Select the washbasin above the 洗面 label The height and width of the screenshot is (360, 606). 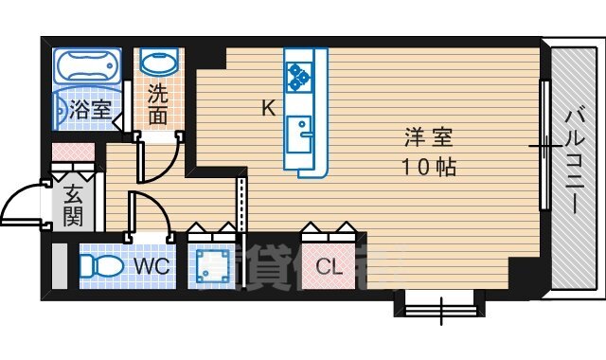tap(157, 63)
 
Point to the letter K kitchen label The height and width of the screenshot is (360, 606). tap(269, 108)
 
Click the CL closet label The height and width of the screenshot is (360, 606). tap(328, 267)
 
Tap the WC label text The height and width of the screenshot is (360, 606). tap(152, 266)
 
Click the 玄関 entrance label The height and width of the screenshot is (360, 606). tap(73, 207)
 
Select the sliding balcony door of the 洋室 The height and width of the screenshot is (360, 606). tap(544, 147)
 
